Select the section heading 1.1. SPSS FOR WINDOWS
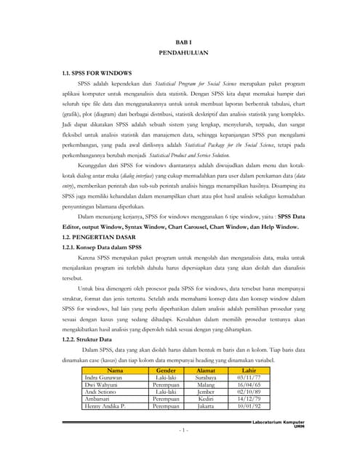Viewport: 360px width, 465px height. click(x=97, y=73)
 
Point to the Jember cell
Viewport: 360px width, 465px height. click(x=207, y=392)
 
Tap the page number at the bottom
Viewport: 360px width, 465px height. click(x=183, y=431)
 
